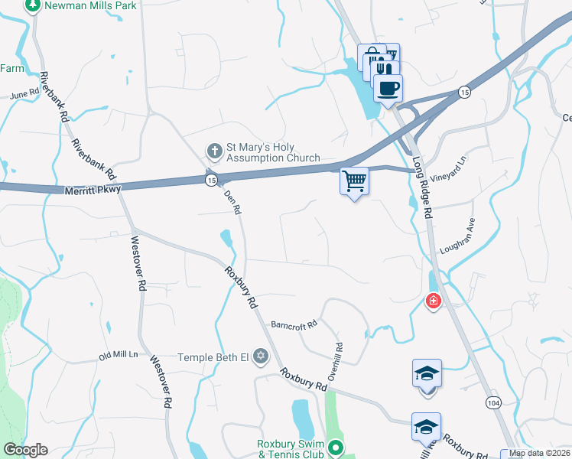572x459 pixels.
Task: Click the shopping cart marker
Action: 354,182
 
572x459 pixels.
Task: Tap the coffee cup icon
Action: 388,88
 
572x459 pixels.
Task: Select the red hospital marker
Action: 434,301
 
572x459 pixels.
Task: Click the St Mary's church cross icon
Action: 215,149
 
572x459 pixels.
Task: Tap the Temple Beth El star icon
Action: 261,357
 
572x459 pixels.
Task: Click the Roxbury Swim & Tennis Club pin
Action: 335,448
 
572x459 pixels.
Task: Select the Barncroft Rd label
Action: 293,325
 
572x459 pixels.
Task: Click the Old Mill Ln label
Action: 119,356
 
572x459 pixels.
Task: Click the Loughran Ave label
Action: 457,239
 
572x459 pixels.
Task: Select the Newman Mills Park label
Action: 80,5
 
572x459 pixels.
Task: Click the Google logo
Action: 25,450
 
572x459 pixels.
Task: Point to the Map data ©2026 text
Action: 538,453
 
